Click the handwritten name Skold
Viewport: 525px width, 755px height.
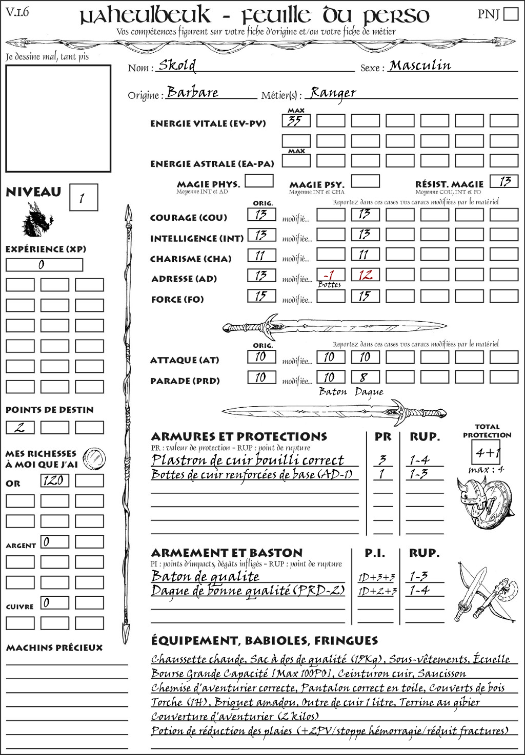[177, 65]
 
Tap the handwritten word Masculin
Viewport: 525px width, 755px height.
[420, 65]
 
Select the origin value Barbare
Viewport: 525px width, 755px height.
[193, 92]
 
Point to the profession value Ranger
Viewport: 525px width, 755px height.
[333, 93]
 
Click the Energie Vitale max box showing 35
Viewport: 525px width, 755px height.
[296, 121]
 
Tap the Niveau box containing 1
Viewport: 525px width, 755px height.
[83, 197]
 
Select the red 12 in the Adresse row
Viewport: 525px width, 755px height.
[365, 275]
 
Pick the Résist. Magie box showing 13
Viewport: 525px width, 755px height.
[504, 181]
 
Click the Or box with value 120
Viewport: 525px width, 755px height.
[54, 480]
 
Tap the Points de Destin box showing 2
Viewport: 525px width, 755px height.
[20, 427]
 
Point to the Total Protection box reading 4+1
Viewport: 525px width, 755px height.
[487, 452]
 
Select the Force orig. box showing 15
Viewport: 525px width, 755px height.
[261, 296]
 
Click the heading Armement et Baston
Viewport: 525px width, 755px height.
[227, 553]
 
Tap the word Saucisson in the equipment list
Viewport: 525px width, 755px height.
[441, 673]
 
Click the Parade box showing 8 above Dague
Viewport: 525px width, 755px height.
[365, 378]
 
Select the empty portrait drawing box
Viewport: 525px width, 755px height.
[58, 118]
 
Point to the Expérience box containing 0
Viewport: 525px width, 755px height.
[44, 265]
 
